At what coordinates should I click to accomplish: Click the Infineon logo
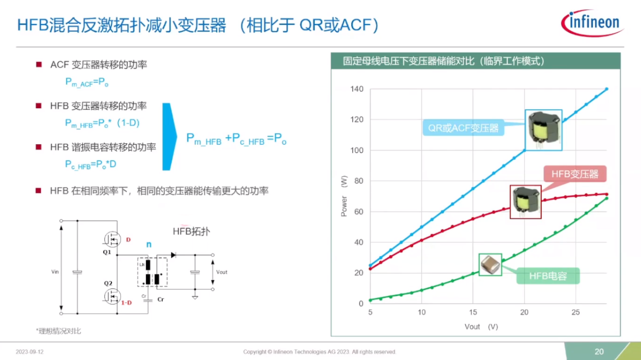pos(593,22)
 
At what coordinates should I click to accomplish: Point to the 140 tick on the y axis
pos(357,89)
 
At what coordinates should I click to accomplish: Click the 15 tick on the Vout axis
pos(473,312)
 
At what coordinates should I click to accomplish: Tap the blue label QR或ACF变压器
pos(463,129)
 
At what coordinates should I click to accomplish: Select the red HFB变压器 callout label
pos(574,174)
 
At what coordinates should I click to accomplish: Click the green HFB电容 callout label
pos(548,276)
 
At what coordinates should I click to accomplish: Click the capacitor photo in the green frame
pos(490,265)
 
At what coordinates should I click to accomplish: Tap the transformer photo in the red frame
pos(526,202)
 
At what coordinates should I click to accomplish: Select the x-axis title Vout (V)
pos(481,327)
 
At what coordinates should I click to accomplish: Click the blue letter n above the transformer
pos(149,244)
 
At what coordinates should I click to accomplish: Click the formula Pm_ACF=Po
pos(87,82)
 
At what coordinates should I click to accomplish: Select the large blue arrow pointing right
pos(169,137)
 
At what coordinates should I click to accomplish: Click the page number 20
pos(599,352)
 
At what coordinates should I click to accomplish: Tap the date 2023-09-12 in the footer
pos(30,352)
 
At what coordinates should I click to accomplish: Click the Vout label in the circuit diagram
pos(221,272)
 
